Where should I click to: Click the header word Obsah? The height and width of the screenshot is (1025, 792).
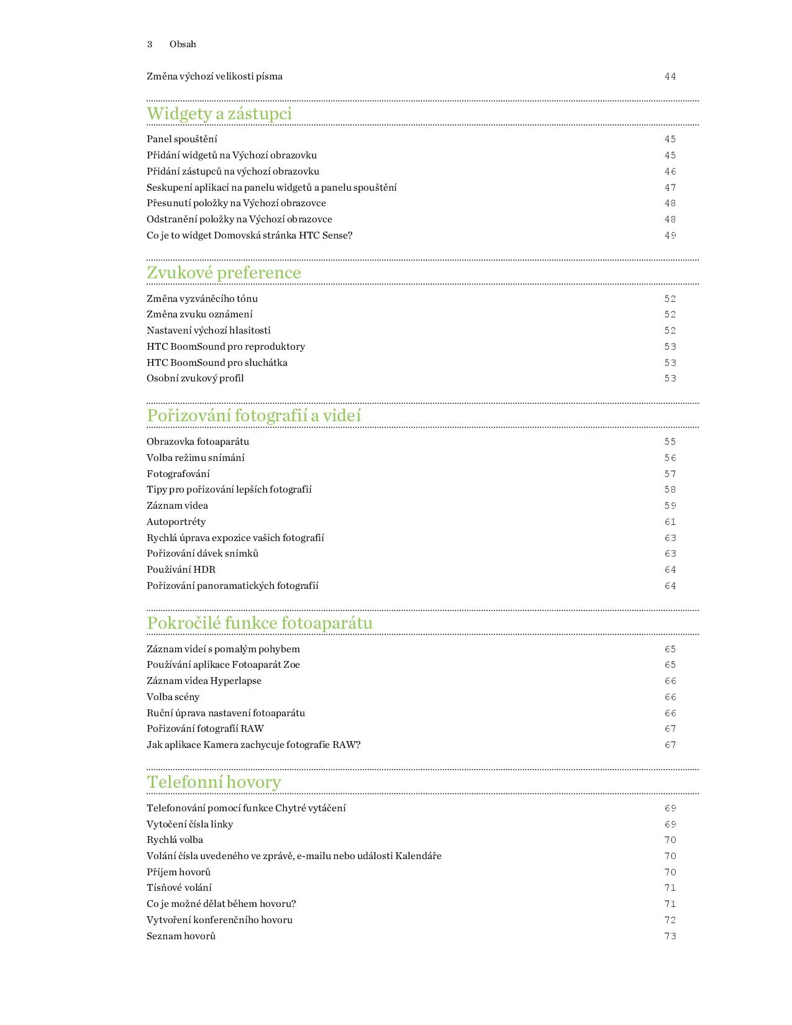[x=183, y=44]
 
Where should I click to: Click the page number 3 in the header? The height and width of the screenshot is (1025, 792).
[x=150, y=44]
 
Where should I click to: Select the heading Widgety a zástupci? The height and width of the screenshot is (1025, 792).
[x=219, y=114]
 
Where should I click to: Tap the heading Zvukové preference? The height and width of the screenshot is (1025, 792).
[x=224, y=273]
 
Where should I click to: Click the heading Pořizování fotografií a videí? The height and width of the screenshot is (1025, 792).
[x=253, y=416]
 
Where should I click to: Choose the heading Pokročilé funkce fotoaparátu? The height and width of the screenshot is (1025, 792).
[x=260, y=623]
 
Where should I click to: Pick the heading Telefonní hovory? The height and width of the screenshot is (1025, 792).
[x=214, y=782]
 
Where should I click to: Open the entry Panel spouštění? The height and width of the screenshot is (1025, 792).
[x=182, y=139]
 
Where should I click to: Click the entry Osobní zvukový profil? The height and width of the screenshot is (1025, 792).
[x=195, y=378]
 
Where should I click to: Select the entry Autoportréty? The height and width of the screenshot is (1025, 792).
[x=176, y=522]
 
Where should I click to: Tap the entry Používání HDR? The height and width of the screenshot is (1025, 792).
[x=181, y=570]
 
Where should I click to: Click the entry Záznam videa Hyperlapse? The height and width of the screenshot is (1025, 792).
[x=204, y=681]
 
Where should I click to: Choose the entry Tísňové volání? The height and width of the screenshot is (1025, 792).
[x=179, y=888]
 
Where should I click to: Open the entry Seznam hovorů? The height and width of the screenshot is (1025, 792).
[x=181, y=936]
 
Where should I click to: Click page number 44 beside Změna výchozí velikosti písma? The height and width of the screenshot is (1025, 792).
[x=670, y=76]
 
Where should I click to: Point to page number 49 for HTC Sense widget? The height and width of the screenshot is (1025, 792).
[x=670, y=235]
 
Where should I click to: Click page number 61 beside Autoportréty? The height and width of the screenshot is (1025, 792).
[x=670, y=522]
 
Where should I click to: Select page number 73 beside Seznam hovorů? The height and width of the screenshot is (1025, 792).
[x=670, y=936]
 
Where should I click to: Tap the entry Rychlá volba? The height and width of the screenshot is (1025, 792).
[x=175, y=840]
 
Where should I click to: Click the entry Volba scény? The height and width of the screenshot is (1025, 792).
[x=173, y=697]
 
